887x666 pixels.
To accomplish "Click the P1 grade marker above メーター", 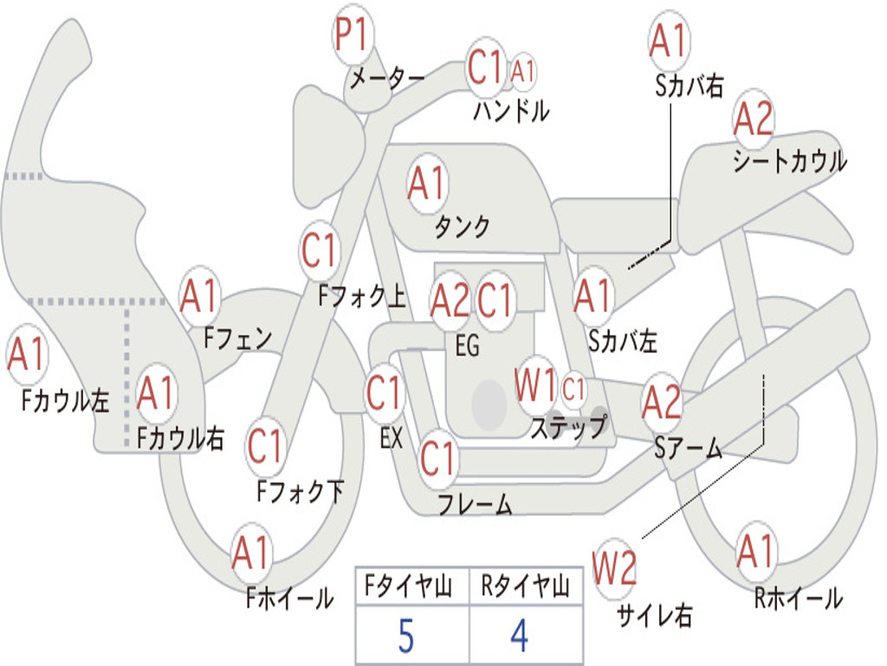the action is tap(353, 33).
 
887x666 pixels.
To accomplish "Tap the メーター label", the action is tap(387, 78).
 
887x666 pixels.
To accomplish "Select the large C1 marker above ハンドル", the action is tap(485, 67).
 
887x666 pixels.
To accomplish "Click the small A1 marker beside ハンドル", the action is tap(522, 72).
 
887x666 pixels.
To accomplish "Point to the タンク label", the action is tap(463, 227).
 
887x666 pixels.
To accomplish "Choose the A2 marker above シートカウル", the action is tap(754, 118).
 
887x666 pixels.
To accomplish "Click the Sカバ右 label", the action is tap(689, 86).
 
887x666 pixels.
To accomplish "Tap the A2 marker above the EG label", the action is tap(450, 301).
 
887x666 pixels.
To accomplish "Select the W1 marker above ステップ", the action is tap(536, 385).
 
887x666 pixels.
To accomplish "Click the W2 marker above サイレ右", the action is tap(614, 567).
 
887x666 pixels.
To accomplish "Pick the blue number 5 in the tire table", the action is tap(405, 636).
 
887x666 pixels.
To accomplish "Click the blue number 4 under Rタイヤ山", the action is tap(520, 636).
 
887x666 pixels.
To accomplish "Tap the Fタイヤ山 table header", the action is tap(409, 585).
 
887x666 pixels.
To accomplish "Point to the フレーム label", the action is tap(476, 504).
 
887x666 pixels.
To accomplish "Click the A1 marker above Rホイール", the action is tap(756, 552).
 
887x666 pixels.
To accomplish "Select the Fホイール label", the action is tap(289, 598).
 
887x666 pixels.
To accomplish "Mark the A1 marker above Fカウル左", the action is tap(27, 354).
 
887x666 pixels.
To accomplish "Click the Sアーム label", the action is tap(689, 448).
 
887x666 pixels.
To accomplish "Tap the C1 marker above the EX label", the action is tap(385, 393).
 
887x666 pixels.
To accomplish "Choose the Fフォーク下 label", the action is tap(300, 491).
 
